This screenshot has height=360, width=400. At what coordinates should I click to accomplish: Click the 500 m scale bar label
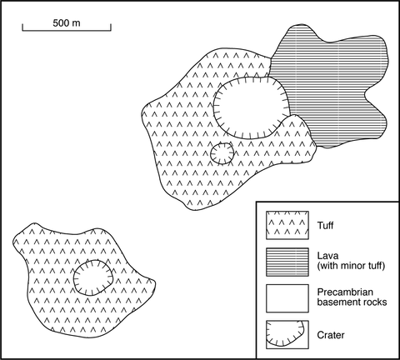[x=67, y=23]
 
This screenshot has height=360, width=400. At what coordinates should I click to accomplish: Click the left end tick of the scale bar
[x=22, y=27]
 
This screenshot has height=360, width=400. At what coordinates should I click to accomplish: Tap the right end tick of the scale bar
[x=111, y=27]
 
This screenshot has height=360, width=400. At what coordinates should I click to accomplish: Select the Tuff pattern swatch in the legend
[x=287, y=225]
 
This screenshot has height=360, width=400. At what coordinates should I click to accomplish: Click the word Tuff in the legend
[x=325, y=225]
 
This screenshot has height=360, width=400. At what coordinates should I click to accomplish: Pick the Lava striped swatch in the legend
[x=287, y=262]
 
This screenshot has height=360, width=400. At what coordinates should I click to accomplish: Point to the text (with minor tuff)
[x=351, y=266]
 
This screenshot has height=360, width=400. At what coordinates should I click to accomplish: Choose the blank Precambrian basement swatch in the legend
[x=287, y=298]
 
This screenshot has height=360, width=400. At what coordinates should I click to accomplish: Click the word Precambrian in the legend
[x=345, y=292]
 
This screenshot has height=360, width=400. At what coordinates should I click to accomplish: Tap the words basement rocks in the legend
[x=352, y=302]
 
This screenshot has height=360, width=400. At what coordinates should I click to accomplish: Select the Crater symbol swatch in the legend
[x=287, y=335]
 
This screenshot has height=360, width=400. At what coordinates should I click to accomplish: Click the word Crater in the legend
[x=331, y=335]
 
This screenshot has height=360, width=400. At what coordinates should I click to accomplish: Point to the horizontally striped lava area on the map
[x=333, y=83]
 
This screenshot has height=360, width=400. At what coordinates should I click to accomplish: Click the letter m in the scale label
[x=77, y=24]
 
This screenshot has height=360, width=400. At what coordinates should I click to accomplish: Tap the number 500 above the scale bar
[x=62, y=23]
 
